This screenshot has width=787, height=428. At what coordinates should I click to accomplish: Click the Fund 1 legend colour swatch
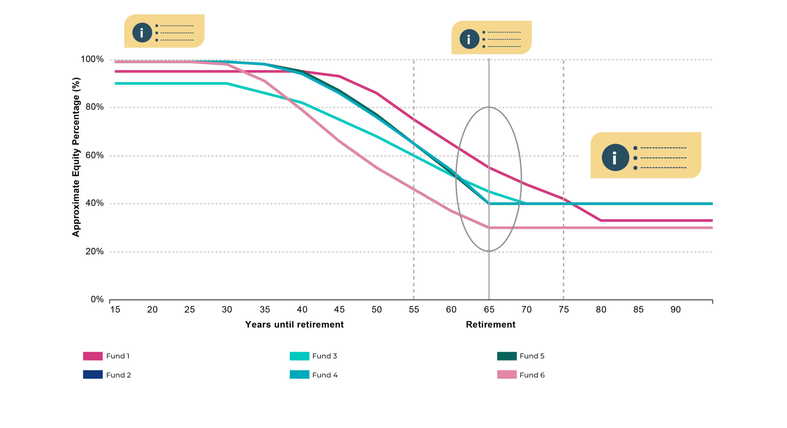93,356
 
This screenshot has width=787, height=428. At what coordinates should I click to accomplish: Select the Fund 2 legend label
118,375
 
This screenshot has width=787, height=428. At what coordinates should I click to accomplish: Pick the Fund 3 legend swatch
299,356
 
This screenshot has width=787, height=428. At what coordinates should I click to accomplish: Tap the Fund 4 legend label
325,375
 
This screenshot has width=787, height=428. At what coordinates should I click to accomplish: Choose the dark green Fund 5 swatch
507,356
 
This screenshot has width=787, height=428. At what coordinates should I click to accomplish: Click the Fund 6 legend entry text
532,375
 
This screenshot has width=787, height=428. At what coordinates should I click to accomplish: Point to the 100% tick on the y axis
92,59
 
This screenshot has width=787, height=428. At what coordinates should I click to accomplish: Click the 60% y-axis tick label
94,155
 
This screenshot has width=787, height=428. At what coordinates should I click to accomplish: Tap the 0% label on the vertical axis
97,299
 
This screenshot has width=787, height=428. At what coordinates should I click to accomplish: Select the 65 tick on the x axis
489,309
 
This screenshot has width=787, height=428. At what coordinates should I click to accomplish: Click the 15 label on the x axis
115,309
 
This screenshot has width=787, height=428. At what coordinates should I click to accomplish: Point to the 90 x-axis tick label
675,309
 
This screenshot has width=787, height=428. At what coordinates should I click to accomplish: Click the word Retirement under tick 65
490,325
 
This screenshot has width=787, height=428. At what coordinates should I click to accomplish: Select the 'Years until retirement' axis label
294,325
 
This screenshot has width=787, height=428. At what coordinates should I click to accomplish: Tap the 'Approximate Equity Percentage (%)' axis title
76,157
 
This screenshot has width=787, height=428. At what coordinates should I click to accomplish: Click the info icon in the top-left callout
142,33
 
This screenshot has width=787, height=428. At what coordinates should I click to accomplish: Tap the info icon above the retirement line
469,39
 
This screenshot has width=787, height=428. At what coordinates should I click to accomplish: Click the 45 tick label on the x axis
339,309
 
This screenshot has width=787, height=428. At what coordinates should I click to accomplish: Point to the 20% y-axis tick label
94,252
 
